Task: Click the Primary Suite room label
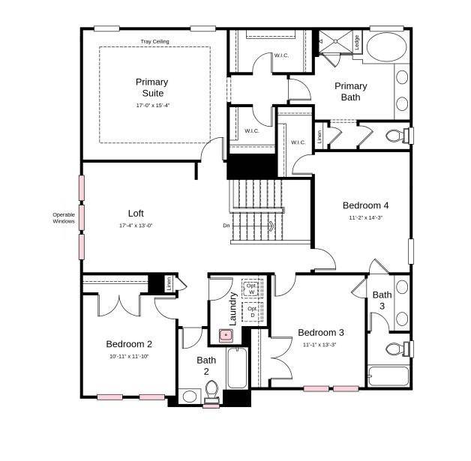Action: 151,87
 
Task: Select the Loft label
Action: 136,213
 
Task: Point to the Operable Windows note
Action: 64,218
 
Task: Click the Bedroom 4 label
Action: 365,205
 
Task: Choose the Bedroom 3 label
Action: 320,333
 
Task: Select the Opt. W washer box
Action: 253,289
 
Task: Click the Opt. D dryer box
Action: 253,311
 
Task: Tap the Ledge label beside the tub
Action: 357,43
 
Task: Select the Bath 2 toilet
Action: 211,391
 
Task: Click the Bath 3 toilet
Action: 396,349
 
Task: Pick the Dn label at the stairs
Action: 226,225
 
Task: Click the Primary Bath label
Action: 350,91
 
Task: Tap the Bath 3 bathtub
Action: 388,376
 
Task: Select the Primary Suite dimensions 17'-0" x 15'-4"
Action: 153,106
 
